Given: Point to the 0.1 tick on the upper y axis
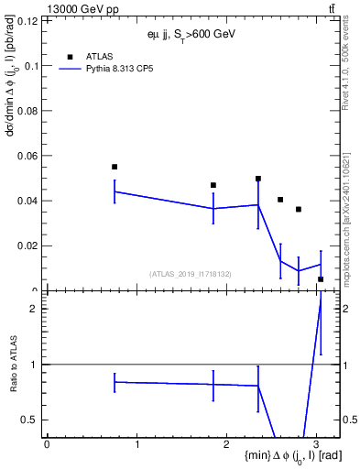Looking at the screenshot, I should tap(32, 66).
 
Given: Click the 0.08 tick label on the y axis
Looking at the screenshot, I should tap(29, 111).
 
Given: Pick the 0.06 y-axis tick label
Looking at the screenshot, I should tap(29, 156).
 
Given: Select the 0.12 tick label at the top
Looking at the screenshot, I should tap(29, 21).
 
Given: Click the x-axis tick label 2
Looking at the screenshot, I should tap(226, 444).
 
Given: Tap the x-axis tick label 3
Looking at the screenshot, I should tap(316, 444).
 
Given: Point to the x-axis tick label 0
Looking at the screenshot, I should tap(47, 444).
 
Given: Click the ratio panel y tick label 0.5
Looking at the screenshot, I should tap(31, 420).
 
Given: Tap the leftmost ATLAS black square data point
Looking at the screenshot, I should tap(115, 167).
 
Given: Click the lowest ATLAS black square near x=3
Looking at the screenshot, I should tap(321, 279).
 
